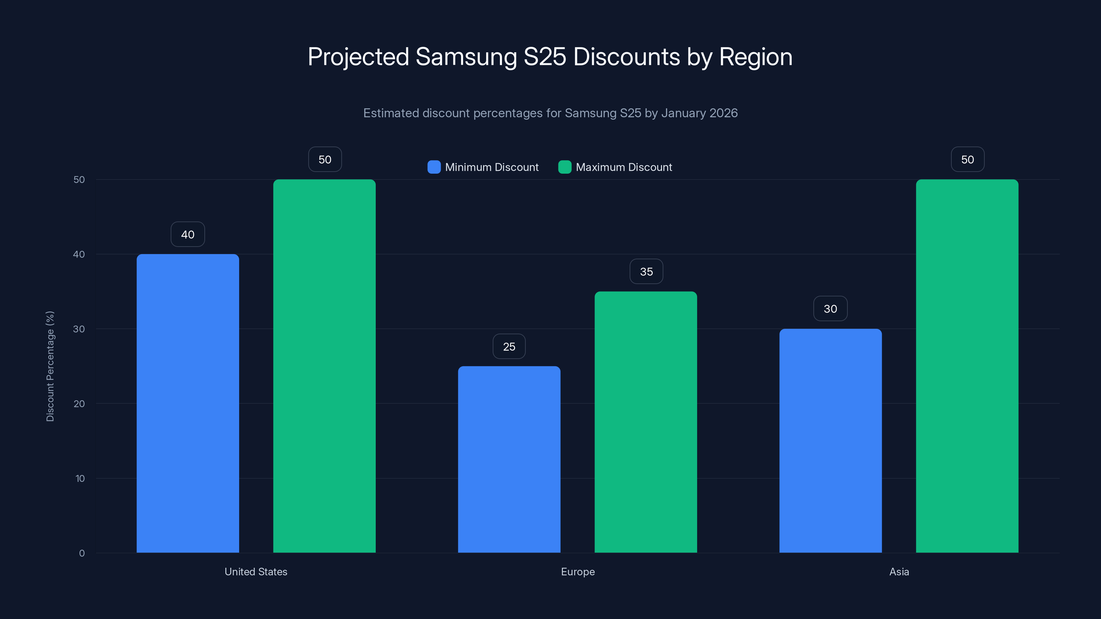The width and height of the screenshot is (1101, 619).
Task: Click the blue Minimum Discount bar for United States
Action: (188, 403)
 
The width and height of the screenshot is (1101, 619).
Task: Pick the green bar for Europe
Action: (646, 422)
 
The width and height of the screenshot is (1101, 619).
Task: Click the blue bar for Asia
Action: (831, 441)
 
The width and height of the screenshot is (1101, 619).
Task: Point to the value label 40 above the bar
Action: (188, 234)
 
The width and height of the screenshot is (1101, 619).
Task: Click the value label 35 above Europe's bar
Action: (646, 271)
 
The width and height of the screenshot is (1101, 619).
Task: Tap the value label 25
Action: (509, 346)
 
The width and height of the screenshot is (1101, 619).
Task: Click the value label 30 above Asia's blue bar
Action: (830, 308)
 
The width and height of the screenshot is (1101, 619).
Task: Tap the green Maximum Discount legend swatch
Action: (565, 167)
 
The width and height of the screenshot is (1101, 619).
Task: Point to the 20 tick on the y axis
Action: (79, 404)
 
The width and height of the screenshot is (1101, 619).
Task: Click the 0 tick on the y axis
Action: (82, 553)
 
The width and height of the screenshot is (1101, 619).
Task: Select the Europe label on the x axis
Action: (577, 572)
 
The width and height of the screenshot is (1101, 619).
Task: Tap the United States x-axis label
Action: (256, 572)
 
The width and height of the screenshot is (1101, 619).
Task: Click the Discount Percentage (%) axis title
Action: (50, 366)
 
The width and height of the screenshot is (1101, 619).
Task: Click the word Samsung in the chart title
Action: (466, 57)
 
